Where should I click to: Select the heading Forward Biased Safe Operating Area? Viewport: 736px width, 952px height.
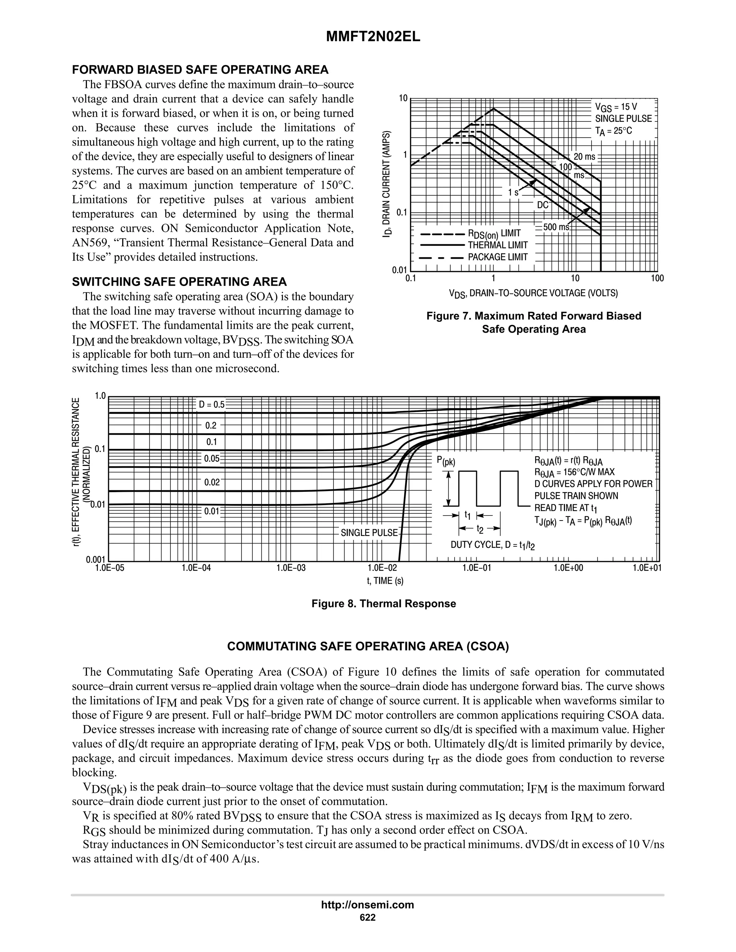pos(200,70)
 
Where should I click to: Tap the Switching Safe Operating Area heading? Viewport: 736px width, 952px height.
pos(179,282)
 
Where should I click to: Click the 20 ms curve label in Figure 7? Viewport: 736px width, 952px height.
pos(584,157)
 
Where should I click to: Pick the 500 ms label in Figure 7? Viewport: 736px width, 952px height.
pos(556,227)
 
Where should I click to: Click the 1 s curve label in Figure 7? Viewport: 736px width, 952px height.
pos(513,192)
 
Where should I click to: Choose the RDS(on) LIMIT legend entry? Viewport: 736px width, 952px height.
pos(494,234)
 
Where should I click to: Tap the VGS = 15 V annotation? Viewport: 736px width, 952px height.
pos(616,107)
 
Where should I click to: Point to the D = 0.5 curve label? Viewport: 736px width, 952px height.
pos(211,405)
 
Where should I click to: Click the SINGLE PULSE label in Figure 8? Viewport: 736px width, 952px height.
pos(369,533)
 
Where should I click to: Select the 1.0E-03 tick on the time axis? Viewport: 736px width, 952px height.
pos(291,568)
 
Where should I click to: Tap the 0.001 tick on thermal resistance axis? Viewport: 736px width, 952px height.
pos(96,560)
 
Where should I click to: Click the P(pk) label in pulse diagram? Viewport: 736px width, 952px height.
pos(446,462)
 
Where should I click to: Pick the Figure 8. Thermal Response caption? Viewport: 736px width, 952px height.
pos(384,604)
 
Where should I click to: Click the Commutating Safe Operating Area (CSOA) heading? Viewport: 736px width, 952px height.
pos(368,646)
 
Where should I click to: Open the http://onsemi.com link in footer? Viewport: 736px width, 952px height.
pos(368,905)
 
